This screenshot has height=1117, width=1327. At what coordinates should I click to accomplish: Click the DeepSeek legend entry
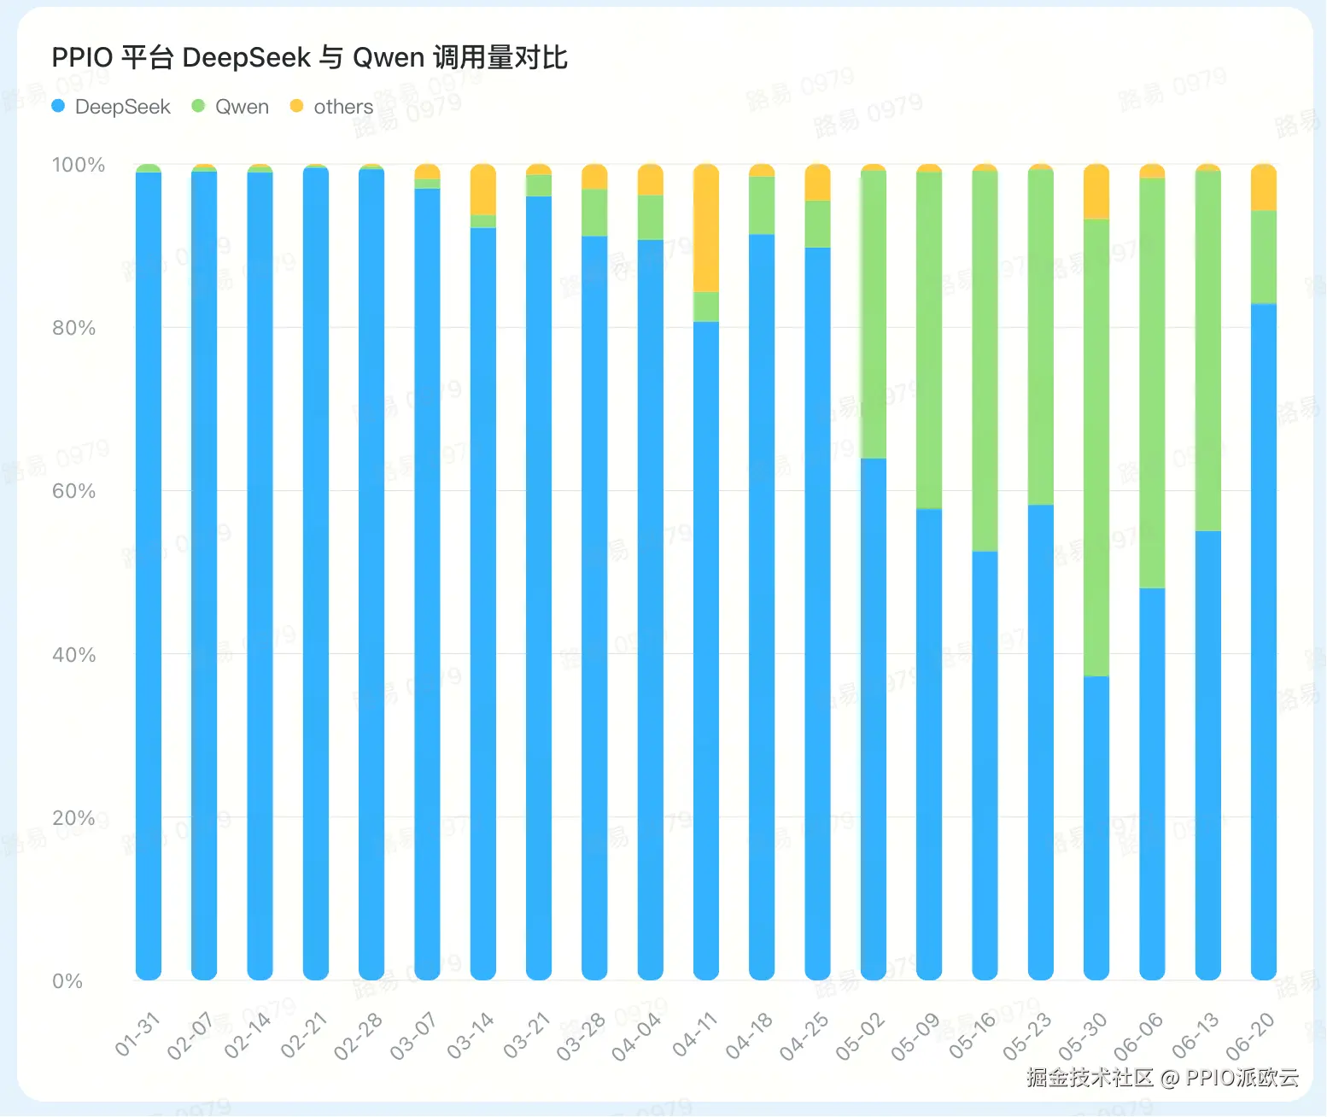112,107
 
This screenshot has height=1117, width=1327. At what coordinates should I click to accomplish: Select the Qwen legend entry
231,107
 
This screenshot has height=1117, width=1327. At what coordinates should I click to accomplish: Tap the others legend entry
332,107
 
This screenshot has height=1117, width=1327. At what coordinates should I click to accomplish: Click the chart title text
309,57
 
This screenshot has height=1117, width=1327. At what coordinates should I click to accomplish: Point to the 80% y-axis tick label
73,328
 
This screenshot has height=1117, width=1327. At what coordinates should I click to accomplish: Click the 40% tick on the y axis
73,655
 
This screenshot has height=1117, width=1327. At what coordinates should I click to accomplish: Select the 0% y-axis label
67,981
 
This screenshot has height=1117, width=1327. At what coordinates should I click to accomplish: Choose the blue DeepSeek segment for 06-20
1264,640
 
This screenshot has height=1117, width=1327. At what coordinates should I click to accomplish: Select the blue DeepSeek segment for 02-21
316,572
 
